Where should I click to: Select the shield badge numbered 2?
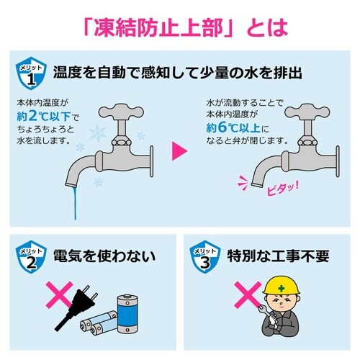click(x=29, y=258)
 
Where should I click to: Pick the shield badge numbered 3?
click(x=204, y=258)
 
